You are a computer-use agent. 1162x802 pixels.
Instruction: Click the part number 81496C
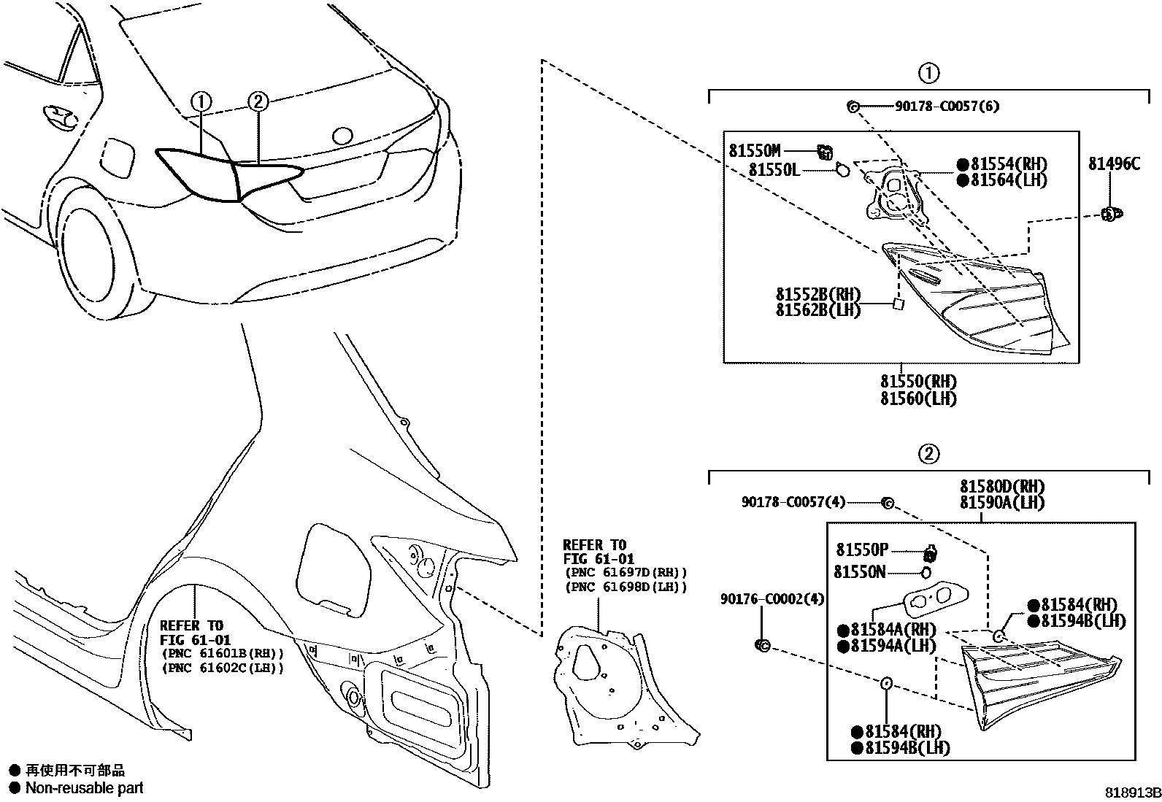[x=1114, y=164]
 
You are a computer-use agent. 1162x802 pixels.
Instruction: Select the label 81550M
[x=755, y=151]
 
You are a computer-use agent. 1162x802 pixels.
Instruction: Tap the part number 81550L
[x=774, y=170]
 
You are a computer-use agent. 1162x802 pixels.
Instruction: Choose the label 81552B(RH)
[x=818, y=294]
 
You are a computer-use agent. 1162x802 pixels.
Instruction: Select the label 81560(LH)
[x=917, y=398]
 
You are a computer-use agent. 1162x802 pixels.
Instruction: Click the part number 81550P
[x=862, y=550]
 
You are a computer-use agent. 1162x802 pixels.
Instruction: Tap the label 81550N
[x=860, y=572]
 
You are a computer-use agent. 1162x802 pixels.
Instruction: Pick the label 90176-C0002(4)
[x=772, y=599]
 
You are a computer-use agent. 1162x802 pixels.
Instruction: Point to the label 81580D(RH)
[x=1002, y=487]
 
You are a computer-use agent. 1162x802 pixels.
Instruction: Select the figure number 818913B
[x=1132, y=793]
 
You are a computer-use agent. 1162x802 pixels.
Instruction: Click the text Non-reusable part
[x=84, y=788]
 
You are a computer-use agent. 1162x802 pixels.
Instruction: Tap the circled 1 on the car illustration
[x=201, y=101]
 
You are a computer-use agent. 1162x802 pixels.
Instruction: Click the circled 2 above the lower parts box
[x=928, y=454]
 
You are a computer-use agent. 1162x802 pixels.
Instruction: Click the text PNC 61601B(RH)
[x=223, y=654]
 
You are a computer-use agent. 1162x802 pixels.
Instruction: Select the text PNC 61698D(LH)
[x=626, y=587]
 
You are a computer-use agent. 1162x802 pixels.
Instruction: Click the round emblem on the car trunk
[x=342, y=136]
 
